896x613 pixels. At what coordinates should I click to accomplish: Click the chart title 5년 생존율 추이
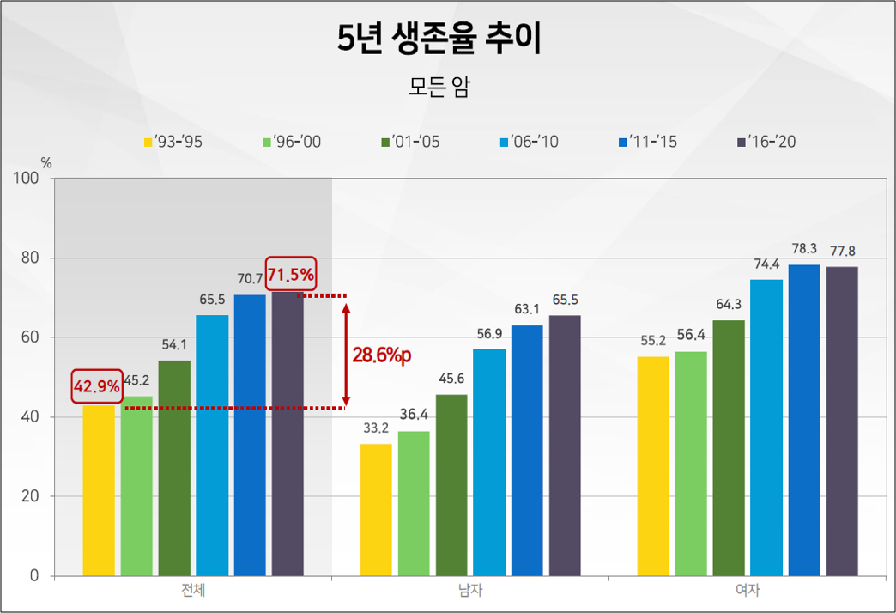(x=439, y=40)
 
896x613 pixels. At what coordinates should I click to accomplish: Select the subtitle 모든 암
(x=439, y=88)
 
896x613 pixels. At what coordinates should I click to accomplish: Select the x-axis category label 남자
(x=470, y=591)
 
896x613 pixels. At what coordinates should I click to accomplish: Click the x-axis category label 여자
(x=748, y=591)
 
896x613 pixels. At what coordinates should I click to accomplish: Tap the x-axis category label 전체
(x=192, y=591)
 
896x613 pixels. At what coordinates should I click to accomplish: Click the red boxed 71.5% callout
(x=291, y=276)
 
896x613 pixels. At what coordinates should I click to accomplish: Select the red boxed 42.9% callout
(x=96, y=387)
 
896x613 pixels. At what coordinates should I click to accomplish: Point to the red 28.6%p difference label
(x=382, y=355)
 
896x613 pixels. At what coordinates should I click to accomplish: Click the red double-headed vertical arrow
(x=346, y=352)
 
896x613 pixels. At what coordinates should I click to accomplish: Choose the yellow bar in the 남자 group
(x=376, y=510)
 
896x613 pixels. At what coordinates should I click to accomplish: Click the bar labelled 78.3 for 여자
(x=804, y=420)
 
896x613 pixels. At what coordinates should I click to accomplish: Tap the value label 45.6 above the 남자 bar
(x=451, y=379)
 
